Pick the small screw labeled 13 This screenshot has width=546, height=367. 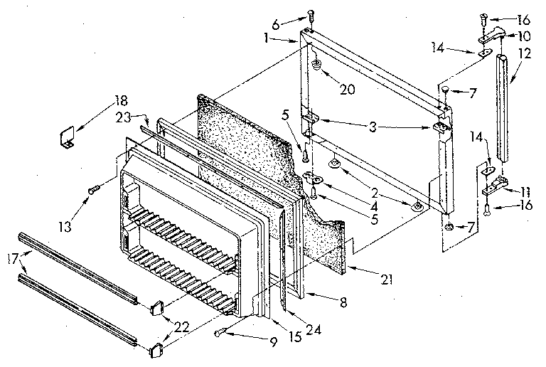tap(92, 189)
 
